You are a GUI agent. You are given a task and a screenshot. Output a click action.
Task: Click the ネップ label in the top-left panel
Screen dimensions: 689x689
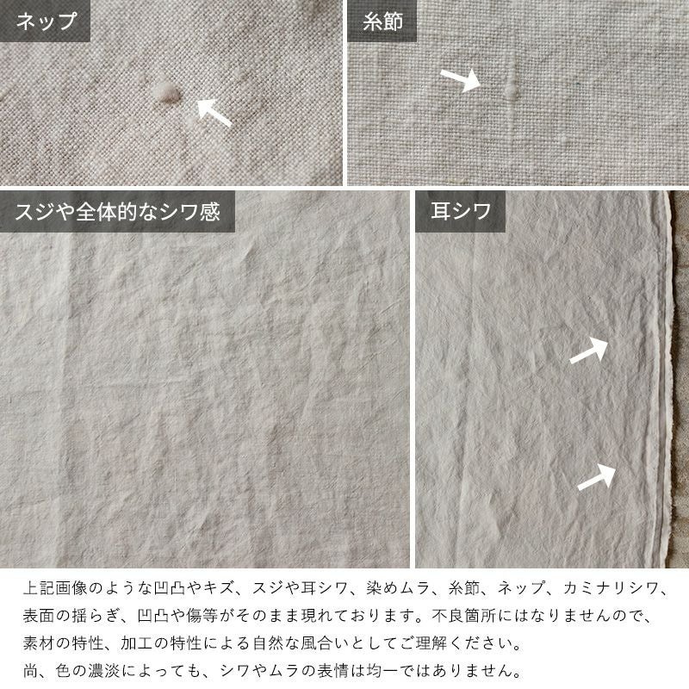click(45, 21)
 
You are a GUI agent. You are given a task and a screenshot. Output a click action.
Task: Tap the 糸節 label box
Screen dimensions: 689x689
click(382, 21)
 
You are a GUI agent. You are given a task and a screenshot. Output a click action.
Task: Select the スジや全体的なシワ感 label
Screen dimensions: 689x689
click(117, 211)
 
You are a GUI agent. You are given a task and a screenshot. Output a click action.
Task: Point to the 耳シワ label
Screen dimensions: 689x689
click(460, 211)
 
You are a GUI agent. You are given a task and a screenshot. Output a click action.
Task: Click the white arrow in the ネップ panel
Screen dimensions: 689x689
click(214, 113)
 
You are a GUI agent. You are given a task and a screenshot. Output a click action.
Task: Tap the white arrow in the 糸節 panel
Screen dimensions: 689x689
click(461, 79)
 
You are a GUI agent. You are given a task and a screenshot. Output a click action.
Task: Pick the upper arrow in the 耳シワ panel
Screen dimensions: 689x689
click(589, 351)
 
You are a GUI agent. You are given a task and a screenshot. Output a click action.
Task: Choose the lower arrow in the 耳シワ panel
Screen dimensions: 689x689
click(596, 477)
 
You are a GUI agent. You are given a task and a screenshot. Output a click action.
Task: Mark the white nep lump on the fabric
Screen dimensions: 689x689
click(166, 93)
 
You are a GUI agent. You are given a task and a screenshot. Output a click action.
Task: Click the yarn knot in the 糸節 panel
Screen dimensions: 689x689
click(510, 89)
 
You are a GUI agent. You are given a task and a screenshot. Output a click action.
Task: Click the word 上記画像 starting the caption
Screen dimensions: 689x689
click(55, 588)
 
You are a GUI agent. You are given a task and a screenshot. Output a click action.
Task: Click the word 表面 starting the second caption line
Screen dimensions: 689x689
click(39, 616)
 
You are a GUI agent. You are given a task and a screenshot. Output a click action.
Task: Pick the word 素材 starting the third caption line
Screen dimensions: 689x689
click(39, 643)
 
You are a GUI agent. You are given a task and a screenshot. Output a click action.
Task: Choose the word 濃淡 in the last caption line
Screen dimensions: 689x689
click(103, 671)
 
